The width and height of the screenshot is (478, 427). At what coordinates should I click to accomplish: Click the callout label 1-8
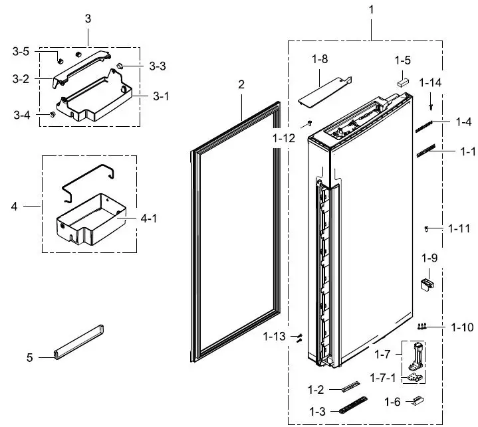[319, 60]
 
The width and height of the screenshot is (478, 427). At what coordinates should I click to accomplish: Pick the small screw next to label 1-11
[425, 228]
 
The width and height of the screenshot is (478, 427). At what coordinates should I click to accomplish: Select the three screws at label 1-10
[422, 326]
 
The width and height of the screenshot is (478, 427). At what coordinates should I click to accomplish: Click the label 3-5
[21, 50]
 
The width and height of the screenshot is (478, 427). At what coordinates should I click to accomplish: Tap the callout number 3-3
[158, 66]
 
